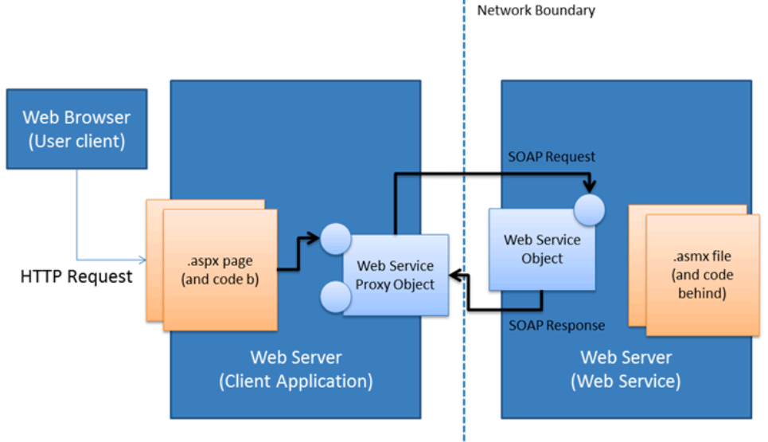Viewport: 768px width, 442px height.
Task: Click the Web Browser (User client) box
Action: point(76,129)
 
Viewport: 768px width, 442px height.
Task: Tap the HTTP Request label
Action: point(76,277)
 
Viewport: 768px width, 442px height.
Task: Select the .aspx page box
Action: point(220,270)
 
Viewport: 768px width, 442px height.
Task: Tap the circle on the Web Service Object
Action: point(589,209)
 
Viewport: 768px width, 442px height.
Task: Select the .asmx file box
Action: point(700,275)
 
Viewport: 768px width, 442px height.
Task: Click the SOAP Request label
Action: point(552,157)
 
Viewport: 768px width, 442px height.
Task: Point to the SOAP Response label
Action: point(556,325)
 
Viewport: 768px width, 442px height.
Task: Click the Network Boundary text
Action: point(536,10)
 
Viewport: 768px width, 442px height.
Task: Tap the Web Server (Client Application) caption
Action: point(295,369)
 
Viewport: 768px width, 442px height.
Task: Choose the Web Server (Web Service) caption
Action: point(626,369)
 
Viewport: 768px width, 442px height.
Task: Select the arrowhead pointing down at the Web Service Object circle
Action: point(589,188)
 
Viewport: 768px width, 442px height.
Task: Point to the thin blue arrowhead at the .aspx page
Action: point(142,260)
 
